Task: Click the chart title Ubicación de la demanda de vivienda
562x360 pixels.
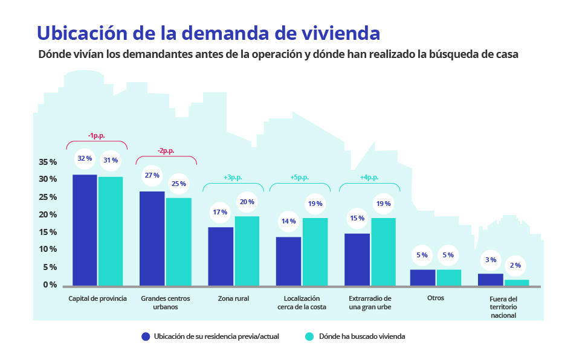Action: (x=208, y=31)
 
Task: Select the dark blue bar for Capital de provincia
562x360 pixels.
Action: (x=85, y=230)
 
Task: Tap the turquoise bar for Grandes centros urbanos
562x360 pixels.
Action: (x=179, y=241)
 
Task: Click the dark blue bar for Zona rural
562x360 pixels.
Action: (x=221, y=256)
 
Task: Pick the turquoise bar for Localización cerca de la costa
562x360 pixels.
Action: (x=315, y=251)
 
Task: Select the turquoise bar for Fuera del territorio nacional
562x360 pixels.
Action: (x=517, y=283)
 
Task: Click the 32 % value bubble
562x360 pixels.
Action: (x=85, y=158)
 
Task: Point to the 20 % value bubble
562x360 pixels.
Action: (x=247, y=202)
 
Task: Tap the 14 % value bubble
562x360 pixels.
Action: (x=288, y=221)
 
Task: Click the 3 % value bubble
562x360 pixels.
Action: (x=491, y=260)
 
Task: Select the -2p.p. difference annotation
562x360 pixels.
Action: (x=166, y=151)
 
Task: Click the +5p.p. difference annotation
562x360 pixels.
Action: (x=300, y=178)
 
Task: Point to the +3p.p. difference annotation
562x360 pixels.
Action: (x=233, y=178)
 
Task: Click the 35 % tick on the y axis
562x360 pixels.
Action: (x=48, y=162)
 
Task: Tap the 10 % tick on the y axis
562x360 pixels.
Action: (x=48, y=249)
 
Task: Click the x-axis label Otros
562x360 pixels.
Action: (x=435, y=298)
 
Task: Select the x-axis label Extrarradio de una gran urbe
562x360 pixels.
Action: (x=370, y=303)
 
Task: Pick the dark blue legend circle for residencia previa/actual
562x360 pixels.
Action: (x=145, y=336)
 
